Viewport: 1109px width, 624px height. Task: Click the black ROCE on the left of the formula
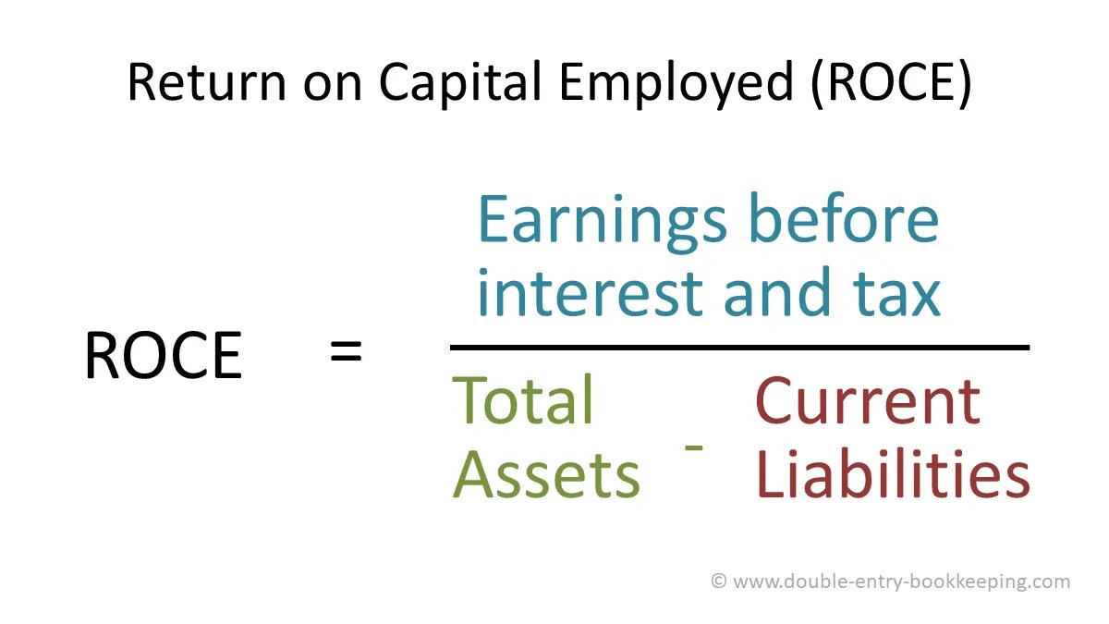coord(163,356)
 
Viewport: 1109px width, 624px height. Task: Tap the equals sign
coord(346,352)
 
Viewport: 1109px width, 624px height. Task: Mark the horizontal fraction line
coord(739,348)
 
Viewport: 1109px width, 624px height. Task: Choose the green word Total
coord(522,400)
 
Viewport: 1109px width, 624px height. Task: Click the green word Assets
coord(546,474)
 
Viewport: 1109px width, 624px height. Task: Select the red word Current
coord(867,400)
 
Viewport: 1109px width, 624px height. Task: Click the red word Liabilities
coord(892,474)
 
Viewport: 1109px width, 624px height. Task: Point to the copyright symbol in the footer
coord(719,581)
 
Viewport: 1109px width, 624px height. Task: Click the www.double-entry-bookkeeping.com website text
coord(902,581)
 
